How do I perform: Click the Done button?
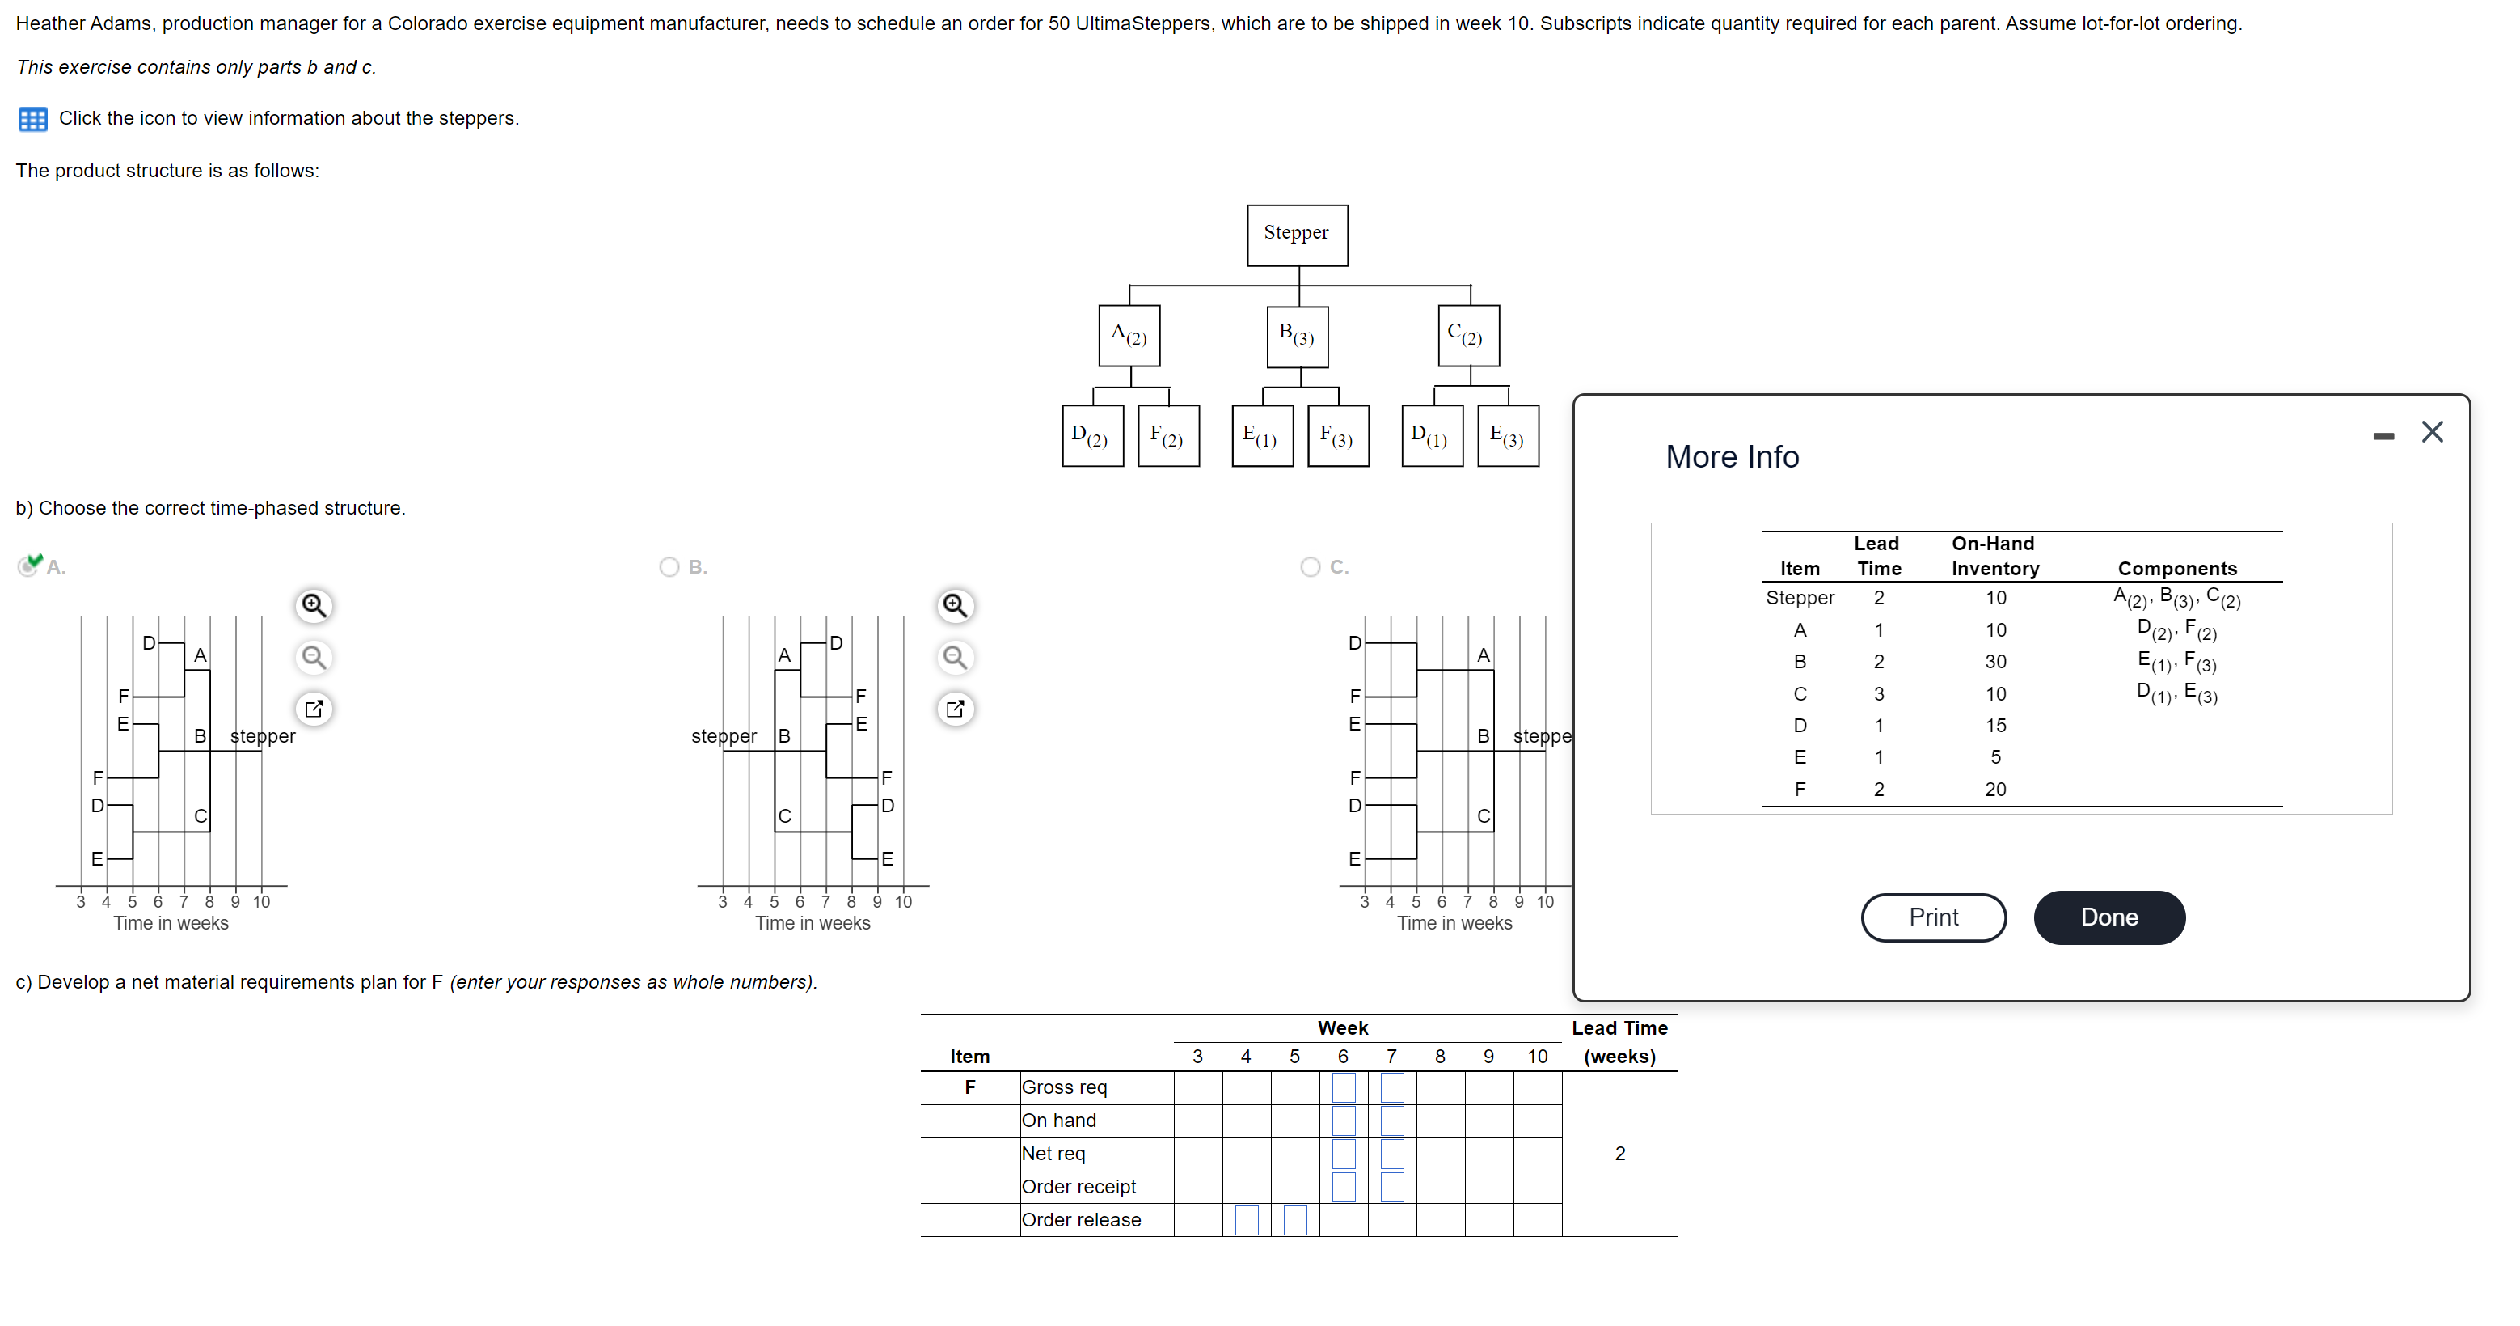[x=2108, y=917]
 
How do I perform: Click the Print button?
[x=1932, y=917]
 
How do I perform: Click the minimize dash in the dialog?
[x=2383, y=435]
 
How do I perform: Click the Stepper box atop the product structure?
[x=1296, y=235]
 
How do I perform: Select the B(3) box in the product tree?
[x=1296, y=336]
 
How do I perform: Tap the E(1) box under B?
[x=1261, y=435]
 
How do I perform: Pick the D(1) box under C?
[x=1430, y=435]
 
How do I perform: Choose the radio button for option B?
[x=669, y=566]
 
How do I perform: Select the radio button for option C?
[x=1310, y=566]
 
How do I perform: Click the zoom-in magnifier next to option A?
[x=313, y=606]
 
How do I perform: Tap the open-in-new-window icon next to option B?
[x=955, y=709]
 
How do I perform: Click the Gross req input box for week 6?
[x=1343, y=1087]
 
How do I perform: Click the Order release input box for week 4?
[x=1247, y=1219]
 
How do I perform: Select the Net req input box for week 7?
[x=1391, y=1153]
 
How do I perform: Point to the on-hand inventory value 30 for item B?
[x=1994, y=662]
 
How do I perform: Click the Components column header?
[x=2176, y=569]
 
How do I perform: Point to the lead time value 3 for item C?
[x=1878, y=694]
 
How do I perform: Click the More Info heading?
[x=1732, y=457]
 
